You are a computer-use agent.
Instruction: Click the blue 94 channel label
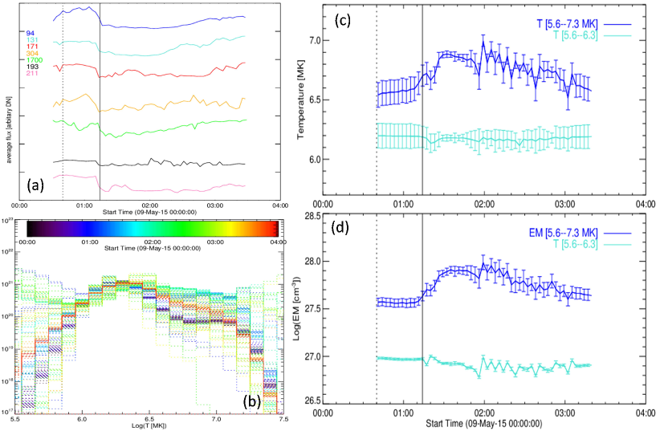(31, 33)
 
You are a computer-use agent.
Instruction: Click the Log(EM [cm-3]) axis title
(301, 311)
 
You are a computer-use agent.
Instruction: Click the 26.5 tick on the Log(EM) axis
(308, 399)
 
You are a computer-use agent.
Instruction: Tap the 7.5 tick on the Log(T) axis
(278, 419)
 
